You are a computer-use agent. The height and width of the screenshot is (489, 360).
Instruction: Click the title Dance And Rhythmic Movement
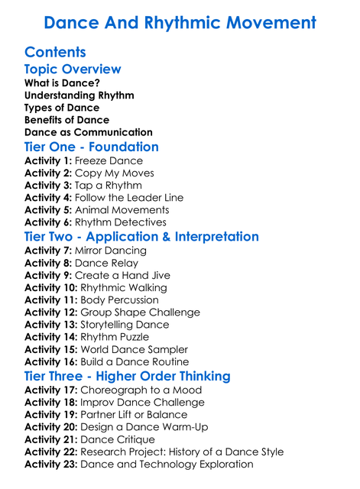180,22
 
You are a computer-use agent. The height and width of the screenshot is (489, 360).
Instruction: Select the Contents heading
55,53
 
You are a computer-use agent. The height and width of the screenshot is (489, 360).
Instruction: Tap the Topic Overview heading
73,70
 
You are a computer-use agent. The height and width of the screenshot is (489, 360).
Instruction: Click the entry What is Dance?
62,83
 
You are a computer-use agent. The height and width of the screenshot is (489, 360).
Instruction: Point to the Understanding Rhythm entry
79,96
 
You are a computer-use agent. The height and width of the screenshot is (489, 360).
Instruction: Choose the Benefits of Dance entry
66,120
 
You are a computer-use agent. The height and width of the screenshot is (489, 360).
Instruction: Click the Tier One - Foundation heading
92,147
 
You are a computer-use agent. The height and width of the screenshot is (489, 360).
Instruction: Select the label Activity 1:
49,161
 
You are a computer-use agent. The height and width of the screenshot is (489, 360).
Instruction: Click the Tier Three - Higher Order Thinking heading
128,377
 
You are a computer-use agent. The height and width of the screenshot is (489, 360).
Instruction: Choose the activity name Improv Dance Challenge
142,403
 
